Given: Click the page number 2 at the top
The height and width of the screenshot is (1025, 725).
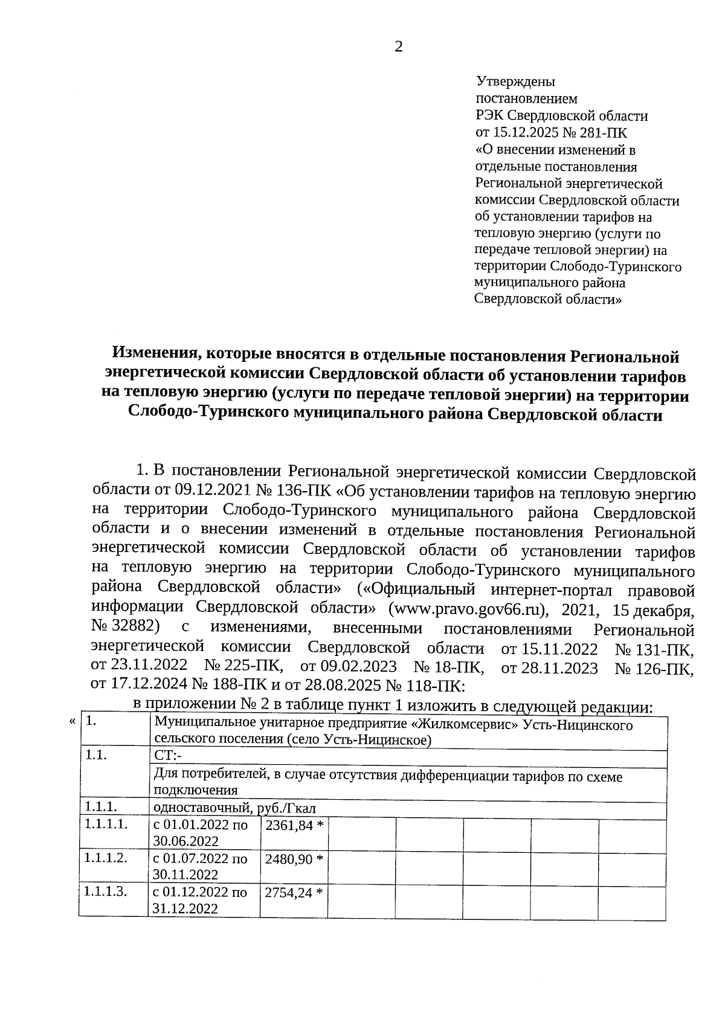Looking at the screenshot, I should pyautogui.click(x=398, y=48).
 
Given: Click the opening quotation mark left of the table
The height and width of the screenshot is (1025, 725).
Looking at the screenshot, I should pyautogui.click(x=72, y=721).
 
